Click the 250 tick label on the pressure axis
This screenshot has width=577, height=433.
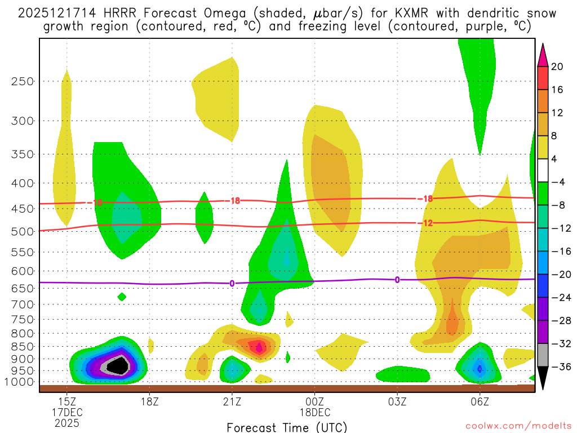(22, 81)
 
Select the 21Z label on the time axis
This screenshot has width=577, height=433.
(232, 402)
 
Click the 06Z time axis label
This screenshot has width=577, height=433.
(480, 402)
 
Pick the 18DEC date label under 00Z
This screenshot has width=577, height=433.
(314, 413)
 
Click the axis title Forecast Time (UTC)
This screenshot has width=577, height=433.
(287, 427)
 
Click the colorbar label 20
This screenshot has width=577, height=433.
(557, 67)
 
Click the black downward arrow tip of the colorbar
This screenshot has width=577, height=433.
(543, 383)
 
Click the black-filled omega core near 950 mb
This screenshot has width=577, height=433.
(118, 366)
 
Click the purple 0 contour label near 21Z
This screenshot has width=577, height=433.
(232, 283)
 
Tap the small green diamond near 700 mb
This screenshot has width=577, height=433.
(122, 297)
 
